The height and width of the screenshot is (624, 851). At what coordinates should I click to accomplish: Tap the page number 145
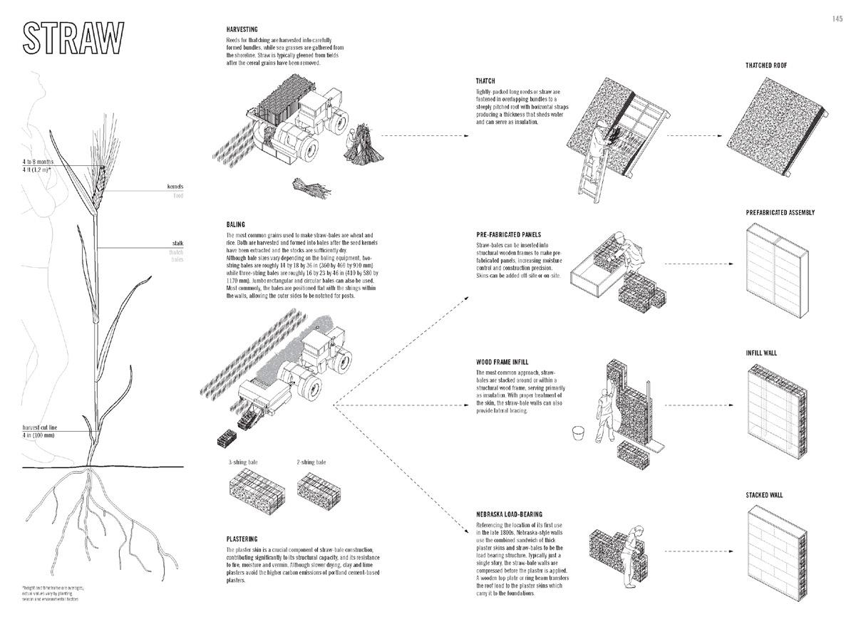(837, 19)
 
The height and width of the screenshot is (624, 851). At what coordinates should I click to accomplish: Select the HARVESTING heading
(241, 29)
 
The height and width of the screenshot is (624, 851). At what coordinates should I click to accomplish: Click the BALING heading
(236, 224)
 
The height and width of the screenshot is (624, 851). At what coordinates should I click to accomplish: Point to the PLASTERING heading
(242, 539)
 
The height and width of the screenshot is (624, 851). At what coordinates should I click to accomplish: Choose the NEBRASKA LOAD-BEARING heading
(509, 514)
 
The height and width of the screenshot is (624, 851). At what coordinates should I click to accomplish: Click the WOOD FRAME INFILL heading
(502, 363)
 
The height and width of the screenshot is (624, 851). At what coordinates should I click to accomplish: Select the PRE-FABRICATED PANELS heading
(508, 234)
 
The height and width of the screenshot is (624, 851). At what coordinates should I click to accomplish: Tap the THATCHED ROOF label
(766, 66)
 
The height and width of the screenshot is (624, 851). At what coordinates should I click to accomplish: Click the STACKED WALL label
(764, 495)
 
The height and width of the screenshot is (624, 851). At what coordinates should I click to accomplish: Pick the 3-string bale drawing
(256, 490)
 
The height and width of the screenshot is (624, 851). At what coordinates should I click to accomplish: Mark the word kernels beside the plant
(175, 187)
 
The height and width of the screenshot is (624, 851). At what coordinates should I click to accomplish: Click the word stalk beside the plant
(177, 243)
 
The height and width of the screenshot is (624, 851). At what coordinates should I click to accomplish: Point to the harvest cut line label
(39, 427)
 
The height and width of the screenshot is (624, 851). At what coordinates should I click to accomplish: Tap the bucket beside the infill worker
(579, 433)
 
